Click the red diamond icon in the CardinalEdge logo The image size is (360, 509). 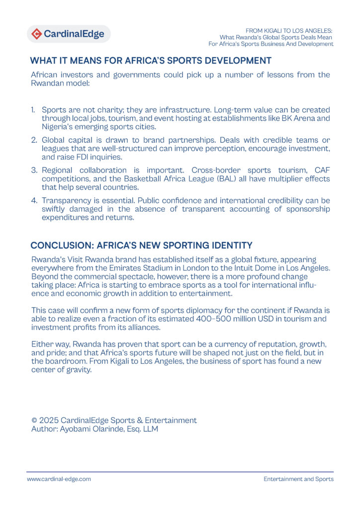pos(37,34)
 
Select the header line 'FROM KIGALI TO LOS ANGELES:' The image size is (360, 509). pos(289,30)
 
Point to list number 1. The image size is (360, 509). pos(33,109)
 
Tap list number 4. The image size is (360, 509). pos(33,200)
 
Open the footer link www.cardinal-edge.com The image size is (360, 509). pos(59,479)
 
